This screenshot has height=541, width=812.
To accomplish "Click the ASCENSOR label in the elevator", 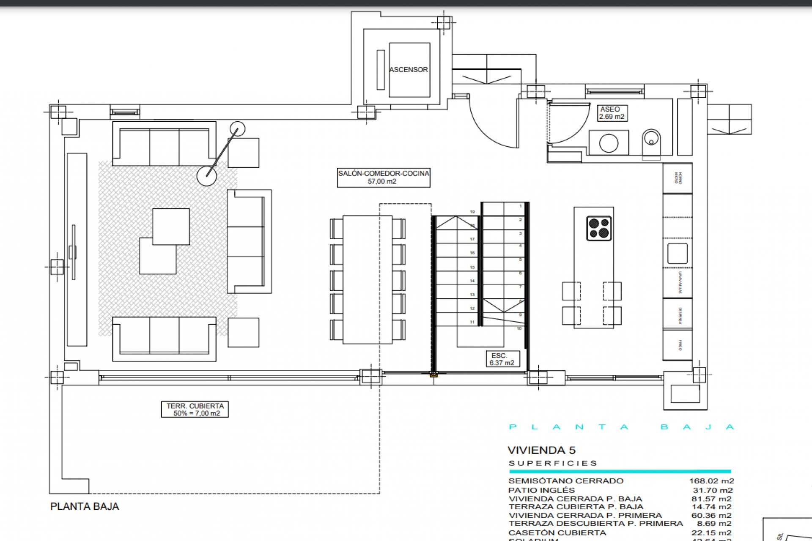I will tap(409, 70).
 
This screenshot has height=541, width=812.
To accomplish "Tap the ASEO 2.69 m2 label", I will tap(612, 113).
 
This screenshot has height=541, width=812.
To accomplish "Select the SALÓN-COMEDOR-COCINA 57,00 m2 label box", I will tap(384, 177).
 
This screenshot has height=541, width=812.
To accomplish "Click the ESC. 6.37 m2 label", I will tap(502, 359).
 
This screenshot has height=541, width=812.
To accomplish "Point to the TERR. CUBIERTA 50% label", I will tap(195, 410).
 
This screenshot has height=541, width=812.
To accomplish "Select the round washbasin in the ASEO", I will tap(609, 143).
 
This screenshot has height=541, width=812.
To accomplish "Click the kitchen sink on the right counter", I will tap(677, 254).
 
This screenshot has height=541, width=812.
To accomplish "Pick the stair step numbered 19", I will tap(472, 212).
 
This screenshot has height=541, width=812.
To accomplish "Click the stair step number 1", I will tap(520, 206).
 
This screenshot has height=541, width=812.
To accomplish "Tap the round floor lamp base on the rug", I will tap(207, 175).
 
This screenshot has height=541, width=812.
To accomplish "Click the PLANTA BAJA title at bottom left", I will tap(85, 506).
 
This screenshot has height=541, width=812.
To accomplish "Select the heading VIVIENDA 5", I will tap(541, 450).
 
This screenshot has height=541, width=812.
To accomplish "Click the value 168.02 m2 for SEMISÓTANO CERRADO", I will tap(711, 481).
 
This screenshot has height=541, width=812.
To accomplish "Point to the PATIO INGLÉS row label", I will tap(541, 490).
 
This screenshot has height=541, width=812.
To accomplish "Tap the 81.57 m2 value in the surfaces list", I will tap(711, 499).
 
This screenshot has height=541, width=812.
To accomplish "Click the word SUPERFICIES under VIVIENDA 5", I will tap(553, 463).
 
